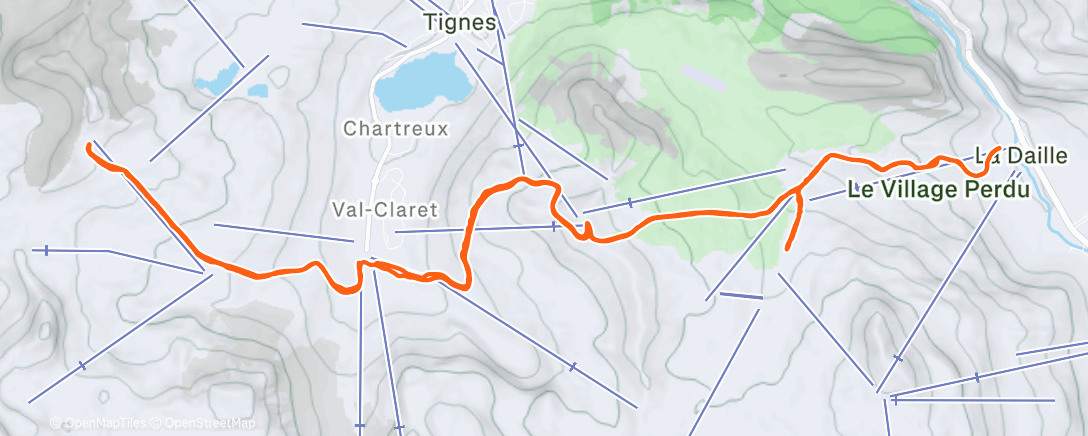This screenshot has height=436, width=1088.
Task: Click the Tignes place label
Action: pyautogui.click(x=459, y=22)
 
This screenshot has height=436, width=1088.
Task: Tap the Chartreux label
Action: pyautogui.click(x=396, y=129)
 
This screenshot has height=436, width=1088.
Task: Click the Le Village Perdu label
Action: pyautogui.click(x=938, y=189)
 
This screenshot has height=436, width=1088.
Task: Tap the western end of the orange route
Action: pyautogui.click(x=90, y=147)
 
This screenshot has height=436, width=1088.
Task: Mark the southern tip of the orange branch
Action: pyautogui.click(x=787, y=247)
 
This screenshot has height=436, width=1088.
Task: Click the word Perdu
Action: pyautogui.click(x=994, y=189)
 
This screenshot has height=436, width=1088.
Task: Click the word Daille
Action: pyautogui.click(x=1036, y=156)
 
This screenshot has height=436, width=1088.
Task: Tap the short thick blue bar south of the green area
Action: pyautogui.click(x=741, y=296)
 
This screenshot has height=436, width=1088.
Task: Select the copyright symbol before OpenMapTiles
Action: pyautogui.click(x=56, y=424)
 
